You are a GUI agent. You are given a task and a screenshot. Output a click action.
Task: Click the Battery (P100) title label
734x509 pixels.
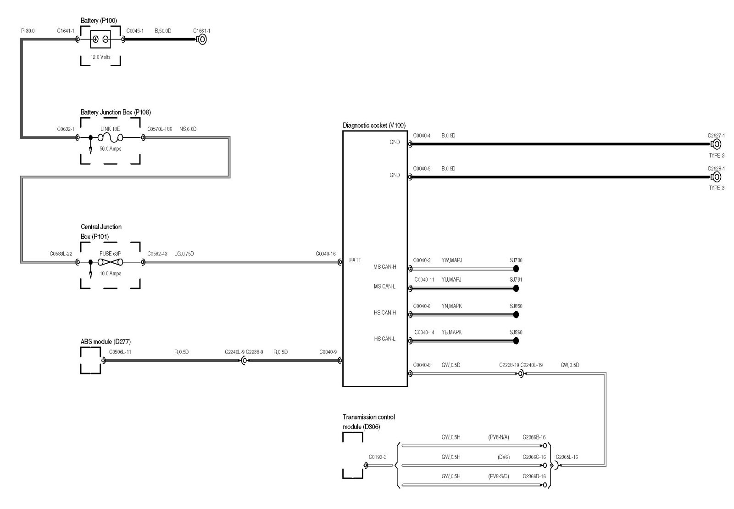coord(99,21)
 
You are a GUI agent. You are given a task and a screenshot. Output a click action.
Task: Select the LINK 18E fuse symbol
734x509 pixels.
coord(110,138)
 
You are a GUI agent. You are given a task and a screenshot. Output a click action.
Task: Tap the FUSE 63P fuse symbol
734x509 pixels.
coord(110,262)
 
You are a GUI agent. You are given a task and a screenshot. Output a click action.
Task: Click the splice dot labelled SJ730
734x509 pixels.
coord(516,269)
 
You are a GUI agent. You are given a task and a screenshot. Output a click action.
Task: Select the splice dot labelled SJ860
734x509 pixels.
coord(516,341)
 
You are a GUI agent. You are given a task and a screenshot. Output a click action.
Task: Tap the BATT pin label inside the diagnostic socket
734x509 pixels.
coord(355,260)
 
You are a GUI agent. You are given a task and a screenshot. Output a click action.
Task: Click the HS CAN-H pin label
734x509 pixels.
coord(385,313)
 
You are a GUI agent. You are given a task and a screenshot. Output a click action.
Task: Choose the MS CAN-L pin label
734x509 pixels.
coord(384,287)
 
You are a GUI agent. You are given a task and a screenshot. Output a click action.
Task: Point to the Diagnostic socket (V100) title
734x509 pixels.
coord(374,125)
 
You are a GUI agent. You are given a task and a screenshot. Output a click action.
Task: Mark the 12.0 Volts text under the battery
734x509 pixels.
coord(100,57)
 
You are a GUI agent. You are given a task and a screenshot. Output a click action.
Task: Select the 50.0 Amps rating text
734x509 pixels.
coord(110,149)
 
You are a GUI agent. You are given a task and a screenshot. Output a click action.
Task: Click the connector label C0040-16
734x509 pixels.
coord(325,254)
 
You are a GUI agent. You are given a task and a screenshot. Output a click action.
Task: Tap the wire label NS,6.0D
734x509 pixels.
coord(188,129)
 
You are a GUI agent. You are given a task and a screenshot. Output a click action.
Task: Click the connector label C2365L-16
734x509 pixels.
coord(567,457)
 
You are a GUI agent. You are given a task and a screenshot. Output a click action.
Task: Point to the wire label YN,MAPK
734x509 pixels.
coord(451,306)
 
